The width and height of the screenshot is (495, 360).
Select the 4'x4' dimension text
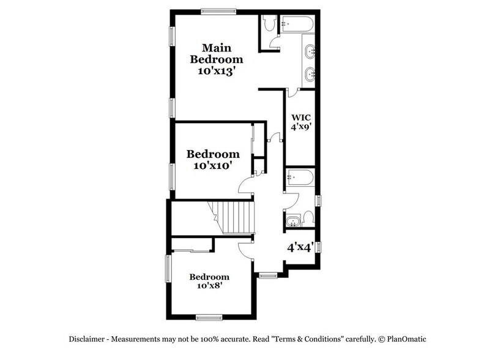[x=300, y=248]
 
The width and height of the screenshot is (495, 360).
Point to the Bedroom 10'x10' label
[x=213, y=159]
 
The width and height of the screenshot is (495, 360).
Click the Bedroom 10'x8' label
[x=209, y=281]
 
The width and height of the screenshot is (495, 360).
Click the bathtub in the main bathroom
[x=297, y=25]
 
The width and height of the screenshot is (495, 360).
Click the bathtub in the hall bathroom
[x=299, y=178]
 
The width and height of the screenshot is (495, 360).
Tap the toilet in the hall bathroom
[x=308, y=217]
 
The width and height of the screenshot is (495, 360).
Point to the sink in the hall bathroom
[x=292, y=219]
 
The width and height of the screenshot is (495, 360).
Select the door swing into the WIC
[x=292, y=92]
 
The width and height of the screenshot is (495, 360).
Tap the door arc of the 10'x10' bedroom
[x=247, y=186]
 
